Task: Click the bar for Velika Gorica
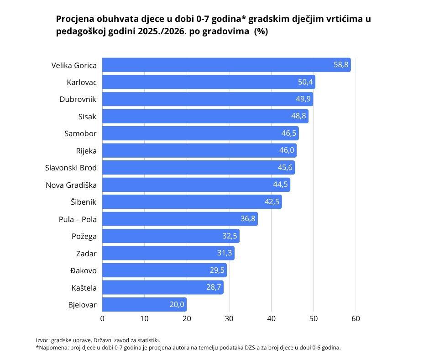[226, 65]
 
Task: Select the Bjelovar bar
[144, 304]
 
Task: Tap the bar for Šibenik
[192, 202]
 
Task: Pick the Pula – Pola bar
[180, 219]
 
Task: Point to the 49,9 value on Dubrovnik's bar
[303, 99]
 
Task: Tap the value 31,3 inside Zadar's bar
[225, 253]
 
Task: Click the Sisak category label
[87, 116]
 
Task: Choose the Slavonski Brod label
[71, 168]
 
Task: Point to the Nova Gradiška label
[71, 185]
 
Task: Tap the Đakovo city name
[84, 270]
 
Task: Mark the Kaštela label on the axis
[84, 288]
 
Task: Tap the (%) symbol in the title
[261, 32]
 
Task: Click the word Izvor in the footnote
[42, 340]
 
